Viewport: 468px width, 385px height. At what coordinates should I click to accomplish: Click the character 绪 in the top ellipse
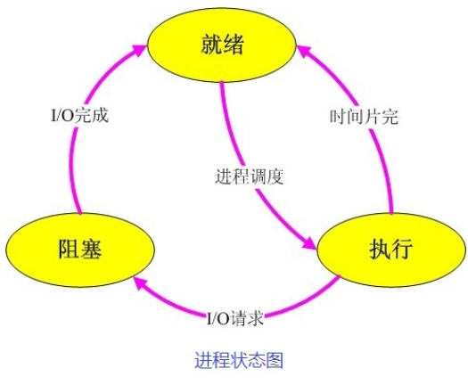pyautogui.click(x=234, y=45)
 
